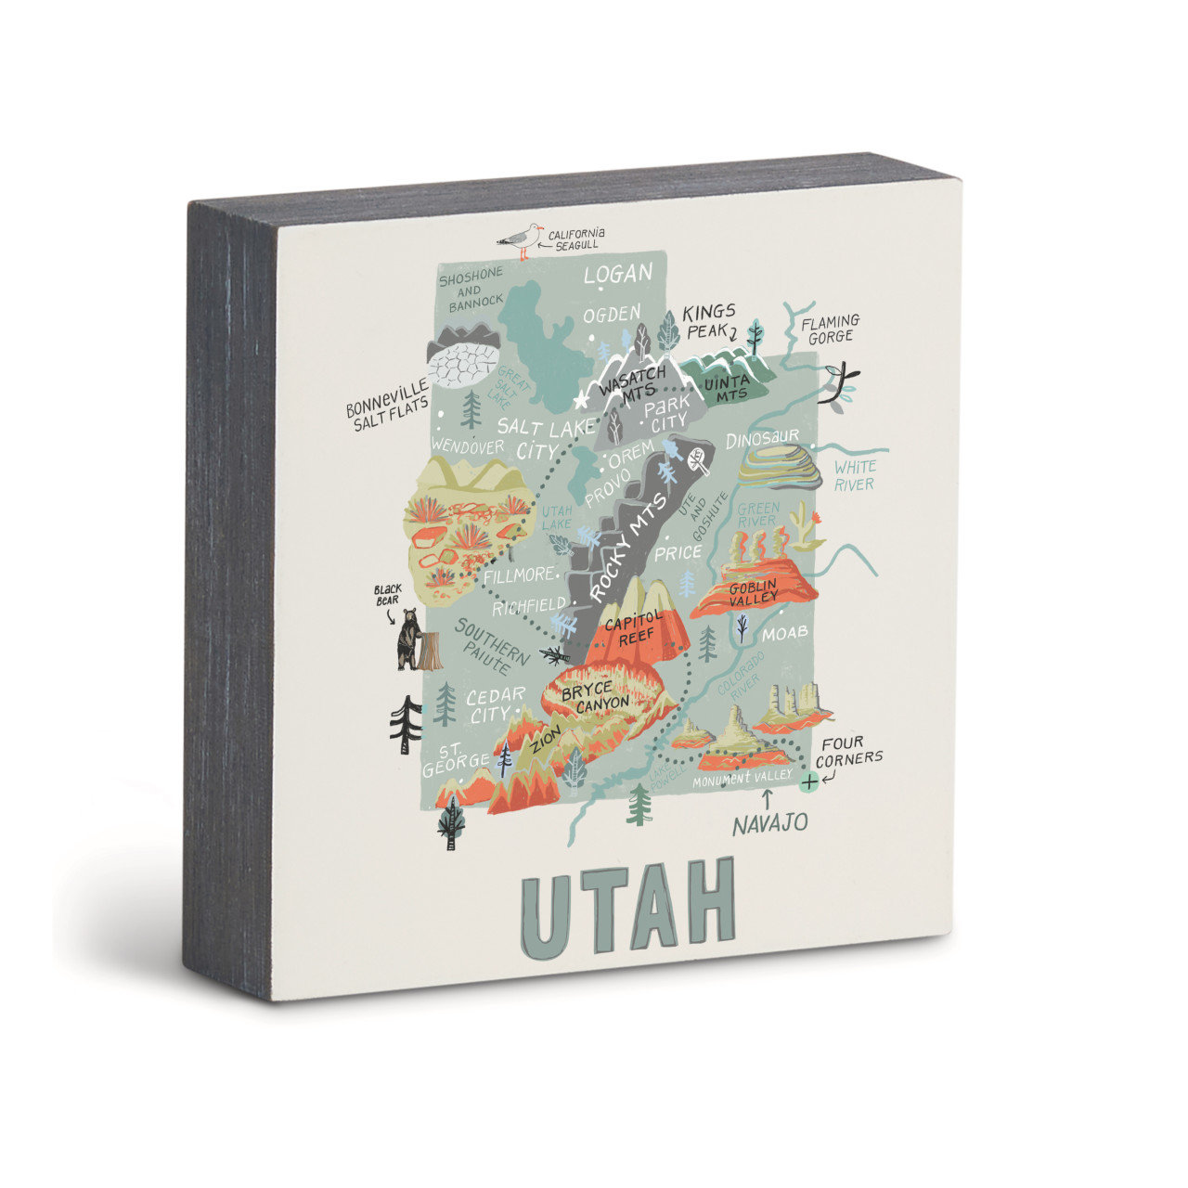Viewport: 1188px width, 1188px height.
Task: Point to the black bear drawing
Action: [x=408, y=639]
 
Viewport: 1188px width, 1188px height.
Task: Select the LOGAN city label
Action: [x=617, y=275]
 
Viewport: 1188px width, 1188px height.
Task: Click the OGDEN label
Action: [x=612, y=316]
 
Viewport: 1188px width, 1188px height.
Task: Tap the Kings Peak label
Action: [x=710, y=320]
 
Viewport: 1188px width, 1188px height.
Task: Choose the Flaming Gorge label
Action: [x=831, y=329]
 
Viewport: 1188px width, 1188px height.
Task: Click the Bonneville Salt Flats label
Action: [x=388, y=404]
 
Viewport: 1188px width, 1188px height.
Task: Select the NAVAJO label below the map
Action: [x=769, y=823]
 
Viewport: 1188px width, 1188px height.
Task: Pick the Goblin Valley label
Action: [x=754, y=593]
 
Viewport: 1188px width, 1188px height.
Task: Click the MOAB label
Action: [x=784, y=634]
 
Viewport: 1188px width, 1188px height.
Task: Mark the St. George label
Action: [x=455, y=760]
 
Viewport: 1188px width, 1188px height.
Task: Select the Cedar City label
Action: [x=494, y=705]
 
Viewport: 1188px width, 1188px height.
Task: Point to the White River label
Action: [x=854, y=475]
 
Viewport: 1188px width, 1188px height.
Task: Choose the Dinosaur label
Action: [x=762, y=437]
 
